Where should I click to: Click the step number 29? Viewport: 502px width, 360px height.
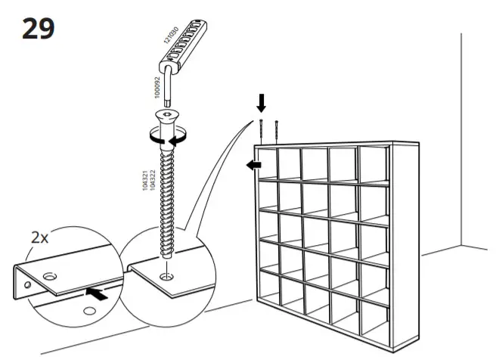pos(37,28)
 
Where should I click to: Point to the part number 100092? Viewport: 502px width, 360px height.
pos(157,88)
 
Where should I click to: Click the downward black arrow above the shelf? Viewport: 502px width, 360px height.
pos(261,102)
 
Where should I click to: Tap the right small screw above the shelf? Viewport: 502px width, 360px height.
pos(277,132)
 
